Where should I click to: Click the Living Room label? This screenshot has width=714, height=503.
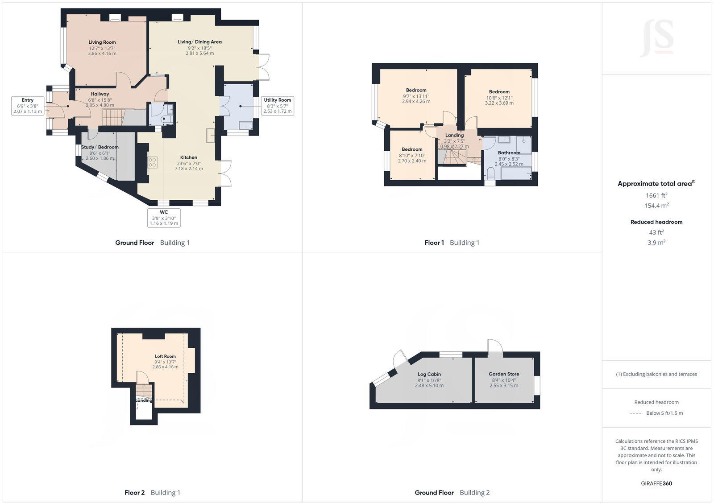click(x=102, y=42)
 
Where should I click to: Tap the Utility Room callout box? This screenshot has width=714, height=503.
click(x=277, y=106)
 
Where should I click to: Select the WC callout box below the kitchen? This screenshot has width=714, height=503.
click(x=164, y=218)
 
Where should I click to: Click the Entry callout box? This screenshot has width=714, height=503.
click(x=28, y=106)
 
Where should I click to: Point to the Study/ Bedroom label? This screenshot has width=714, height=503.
click(x=100, y=147)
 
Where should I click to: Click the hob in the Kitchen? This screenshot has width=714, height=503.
click(x=153, y=162)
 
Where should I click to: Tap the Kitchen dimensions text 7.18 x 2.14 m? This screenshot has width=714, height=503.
click(x=189, y=169)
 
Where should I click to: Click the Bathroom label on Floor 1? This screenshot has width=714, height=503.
click(x=509, y=153)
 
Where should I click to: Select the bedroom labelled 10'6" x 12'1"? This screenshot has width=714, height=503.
click(x=499, y=97)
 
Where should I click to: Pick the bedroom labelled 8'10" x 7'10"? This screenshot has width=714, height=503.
click(x=412, y=155)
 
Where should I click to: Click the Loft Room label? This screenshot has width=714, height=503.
click(x=165, y=356)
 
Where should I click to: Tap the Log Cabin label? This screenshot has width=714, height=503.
click(x=429, y=374)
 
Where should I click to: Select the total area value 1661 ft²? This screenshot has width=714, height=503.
click(x=656, y=195)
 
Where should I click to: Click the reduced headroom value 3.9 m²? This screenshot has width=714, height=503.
click(x=656, y=243)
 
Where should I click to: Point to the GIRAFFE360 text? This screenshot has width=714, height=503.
click(x=656, y=483)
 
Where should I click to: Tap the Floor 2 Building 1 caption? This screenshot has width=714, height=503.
click(x=152, y=493)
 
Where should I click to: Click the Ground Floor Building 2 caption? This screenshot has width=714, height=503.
click(x=452, y=493)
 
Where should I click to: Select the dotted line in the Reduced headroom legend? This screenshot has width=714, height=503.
click(x=636, y=413)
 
